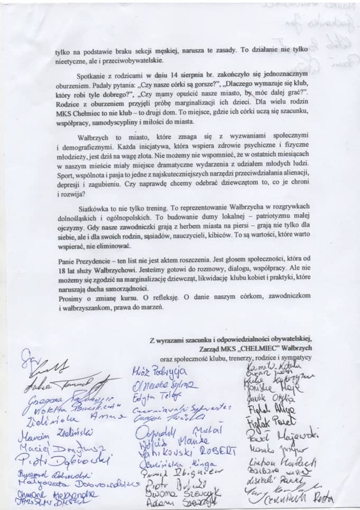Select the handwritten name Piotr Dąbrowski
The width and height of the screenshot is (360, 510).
(x=60, y=459)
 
